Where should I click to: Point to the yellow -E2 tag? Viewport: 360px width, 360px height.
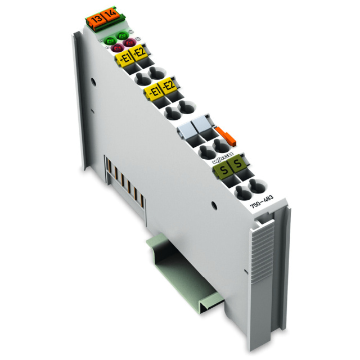click(x=167, y=87)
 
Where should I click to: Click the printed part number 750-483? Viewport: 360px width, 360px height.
click(x=261, y=212)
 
